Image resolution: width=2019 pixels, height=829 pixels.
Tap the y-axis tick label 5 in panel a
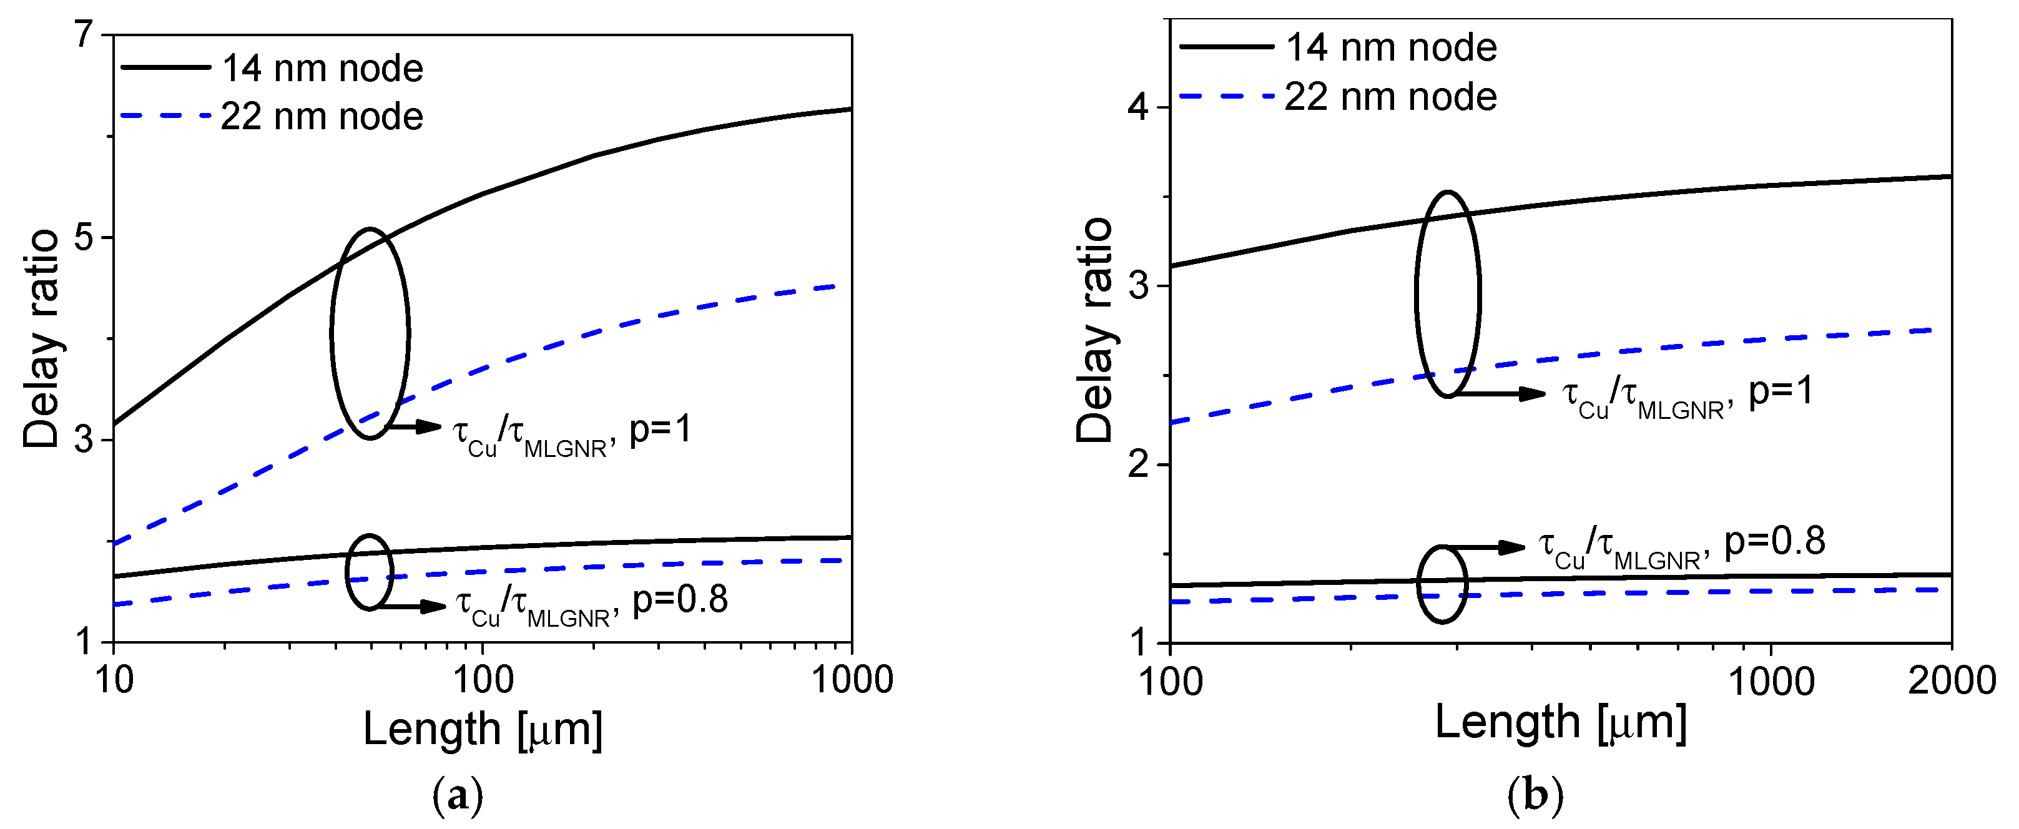click(84, 237)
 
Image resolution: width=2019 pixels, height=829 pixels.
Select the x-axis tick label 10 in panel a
click(114, 680)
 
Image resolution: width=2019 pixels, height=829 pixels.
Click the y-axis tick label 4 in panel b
click(1138, 107)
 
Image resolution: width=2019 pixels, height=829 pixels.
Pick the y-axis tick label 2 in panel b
click(1138, 464)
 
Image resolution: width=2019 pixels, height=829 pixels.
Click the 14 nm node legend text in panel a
click(322, 68)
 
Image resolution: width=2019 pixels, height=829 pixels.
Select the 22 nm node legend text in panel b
click(1390, 97)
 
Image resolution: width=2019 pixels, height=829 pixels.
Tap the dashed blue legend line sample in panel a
click(165, 116)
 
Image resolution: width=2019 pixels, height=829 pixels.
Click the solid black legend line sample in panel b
click(1226, 47)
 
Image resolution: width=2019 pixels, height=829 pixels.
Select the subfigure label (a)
click(458, 797)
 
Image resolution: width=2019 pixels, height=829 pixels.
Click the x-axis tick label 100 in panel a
click(483, 680)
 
